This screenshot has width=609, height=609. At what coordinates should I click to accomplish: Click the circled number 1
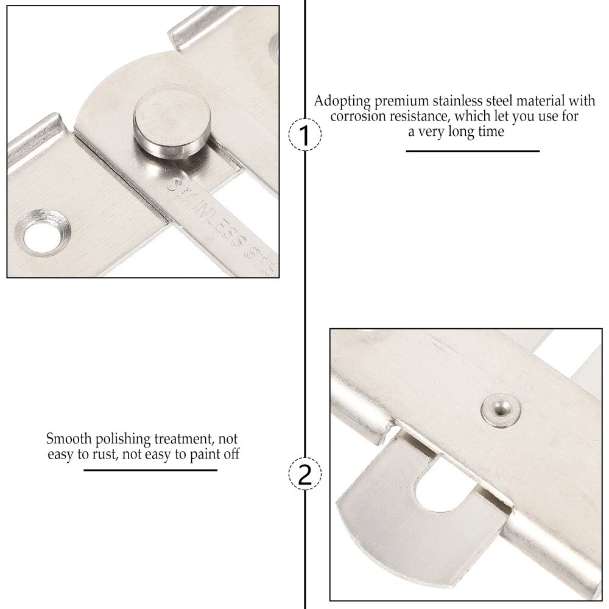305,134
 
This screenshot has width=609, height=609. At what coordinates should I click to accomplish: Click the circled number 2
305,473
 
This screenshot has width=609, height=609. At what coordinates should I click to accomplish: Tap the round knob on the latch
172,127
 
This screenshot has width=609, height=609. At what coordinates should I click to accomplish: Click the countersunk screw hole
43,234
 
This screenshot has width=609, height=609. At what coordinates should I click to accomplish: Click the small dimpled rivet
501,409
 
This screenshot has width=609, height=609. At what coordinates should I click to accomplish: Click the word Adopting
342,101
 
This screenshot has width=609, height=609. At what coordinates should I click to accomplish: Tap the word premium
401,101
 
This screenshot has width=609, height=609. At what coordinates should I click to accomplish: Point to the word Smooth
69,438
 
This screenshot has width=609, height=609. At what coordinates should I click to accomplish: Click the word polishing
123,440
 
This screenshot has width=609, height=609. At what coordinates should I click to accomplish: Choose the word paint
205,454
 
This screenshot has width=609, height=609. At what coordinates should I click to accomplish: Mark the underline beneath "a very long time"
473,150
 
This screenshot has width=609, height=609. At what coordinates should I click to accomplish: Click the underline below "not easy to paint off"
150,470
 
